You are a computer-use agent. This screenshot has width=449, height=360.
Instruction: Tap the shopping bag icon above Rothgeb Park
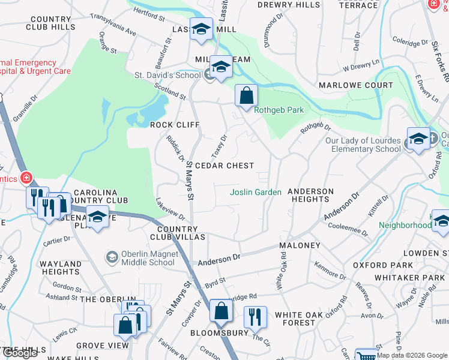point(246,95)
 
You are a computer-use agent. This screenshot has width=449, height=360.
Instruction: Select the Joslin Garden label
point(256,192)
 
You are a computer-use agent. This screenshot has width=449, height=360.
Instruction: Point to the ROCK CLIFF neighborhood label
point(175,125)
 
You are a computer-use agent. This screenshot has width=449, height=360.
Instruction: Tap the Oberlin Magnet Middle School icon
point(112,257)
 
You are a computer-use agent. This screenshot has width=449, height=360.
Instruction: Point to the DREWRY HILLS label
point(289,5)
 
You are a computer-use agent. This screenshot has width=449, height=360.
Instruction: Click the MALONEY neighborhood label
point(300,246)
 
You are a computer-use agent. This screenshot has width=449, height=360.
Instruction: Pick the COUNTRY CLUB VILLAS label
point(181,233)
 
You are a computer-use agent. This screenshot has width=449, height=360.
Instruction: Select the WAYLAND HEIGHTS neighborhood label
point(61,268)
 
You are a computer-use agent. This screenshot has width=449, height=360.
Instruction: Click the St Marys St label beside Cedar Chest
point(190,180)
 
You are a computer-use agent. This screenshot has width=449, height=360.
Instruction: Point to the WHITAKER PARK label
point(409,277)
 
